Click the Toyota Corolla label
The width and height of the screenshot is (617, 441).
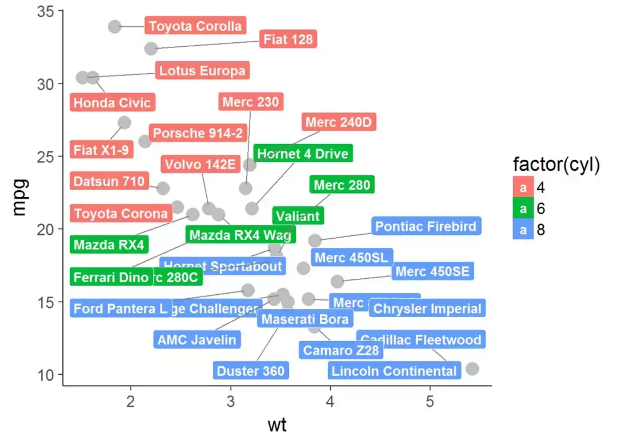(x=195, y=26)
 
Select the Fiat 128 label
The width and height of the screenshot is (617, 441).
(x=288, y=39)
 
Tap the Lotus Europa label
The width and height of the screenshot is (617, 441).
(x=202, y=71)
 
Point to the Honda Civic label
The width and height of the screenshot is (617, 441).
(x=113, y=103)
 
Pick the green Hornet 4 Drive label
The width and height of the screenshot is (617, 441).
(x=303, y=154)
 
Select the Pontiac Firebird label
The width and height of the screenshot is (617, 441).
(x=426, y=226)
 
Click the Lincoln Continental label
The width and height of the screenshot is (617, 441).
(x=395, y=371)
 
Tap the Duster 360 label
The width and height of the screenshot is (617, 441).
(x=250, y=371)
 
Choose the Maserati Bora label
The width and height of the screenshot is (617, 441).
(x=305, y=319)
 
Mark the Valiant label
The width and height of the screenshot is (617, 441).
(x=298, y=217)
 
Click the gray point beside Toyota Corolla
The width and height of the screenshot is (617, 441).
(x=115, y=26)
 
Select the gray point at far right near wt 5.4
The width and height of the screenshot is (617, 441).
(x=472, y=368)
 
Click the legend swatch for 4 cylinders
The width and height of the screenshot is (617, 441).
(x=523, y=187)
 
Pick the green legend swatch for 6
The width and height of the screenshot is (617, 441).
(x=523, y=209)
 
